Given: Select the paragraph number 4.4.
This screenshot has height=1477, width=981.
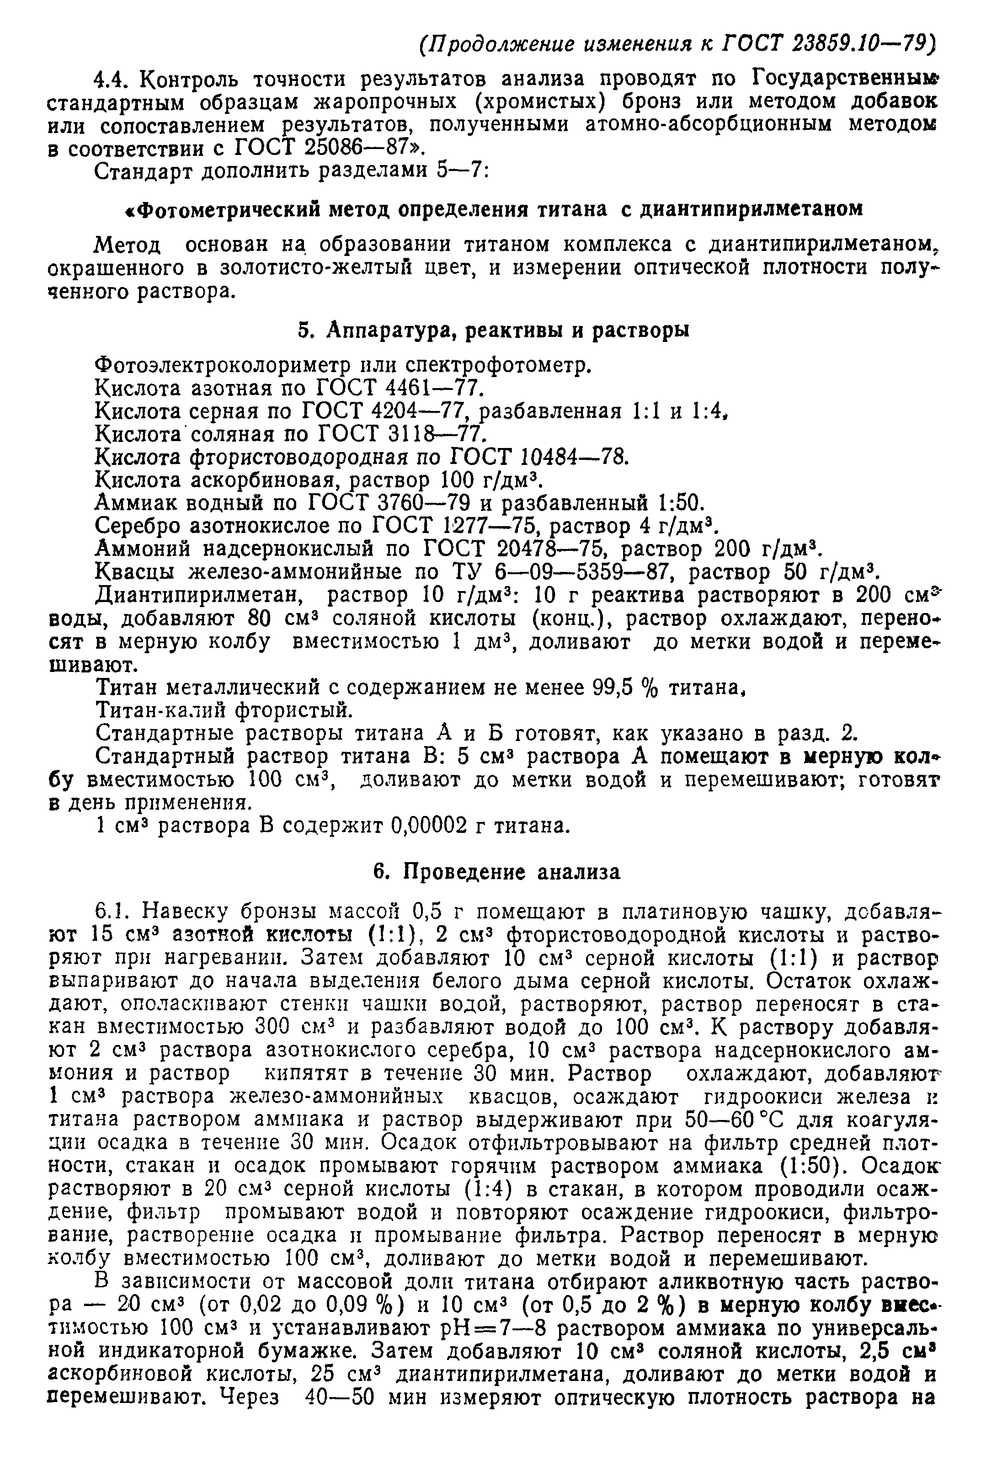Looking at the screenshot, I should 112,80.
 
